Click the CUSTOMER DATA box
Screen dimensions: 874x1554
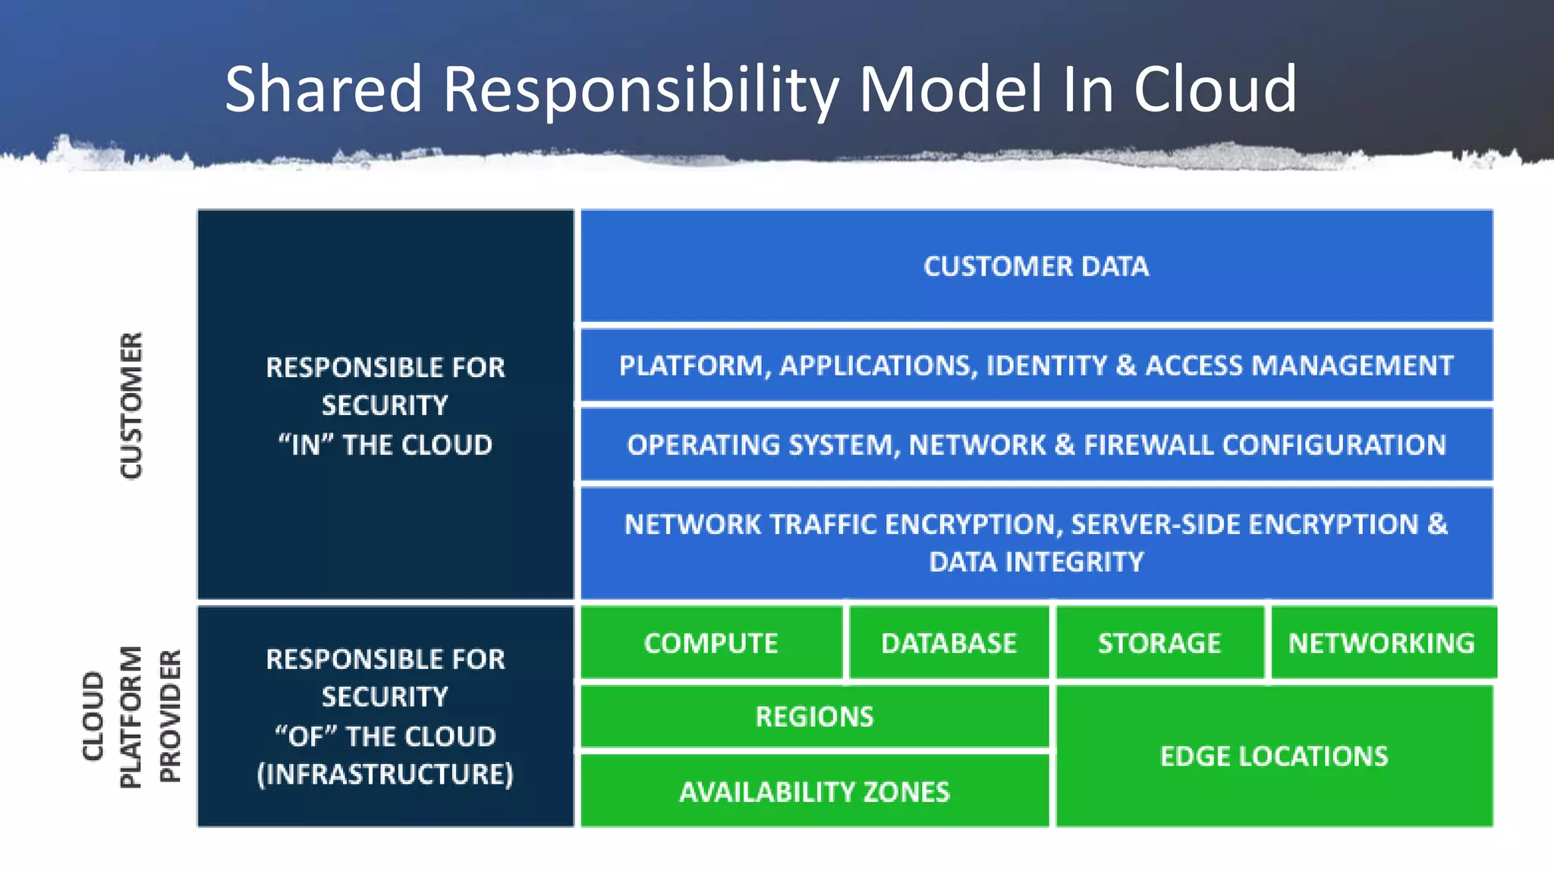[1036, 266]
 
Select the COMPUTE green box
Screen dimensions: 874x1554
[711, 643]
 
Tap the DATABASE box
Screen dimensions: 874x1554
[948, 643]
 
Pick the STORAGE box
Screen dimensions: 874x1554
[1159, 643]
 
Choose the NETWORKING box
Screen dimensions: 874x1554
[1382, 643]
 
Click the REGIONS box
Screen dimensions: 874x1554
[814, 716]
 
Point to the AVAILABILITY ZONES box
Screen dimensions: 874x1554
[814, 791]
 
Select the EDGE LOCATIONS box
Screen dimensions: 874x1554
[1274, 756]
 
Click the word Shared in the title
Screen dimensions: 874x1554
[323, 90]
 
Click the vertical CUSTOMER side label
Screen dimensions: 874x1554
[131, 405]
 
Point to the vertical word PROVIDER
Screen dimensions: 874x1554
[170, 715]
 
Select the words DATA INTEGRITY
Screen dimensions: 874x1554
[1036, 561]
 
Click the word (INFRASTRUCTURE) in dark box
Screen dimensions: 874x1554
[385, 774]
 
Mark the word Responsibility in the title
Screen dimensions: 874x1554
[640, 90]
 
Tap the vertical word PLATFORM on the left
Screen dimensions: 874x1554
[131, 717]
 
